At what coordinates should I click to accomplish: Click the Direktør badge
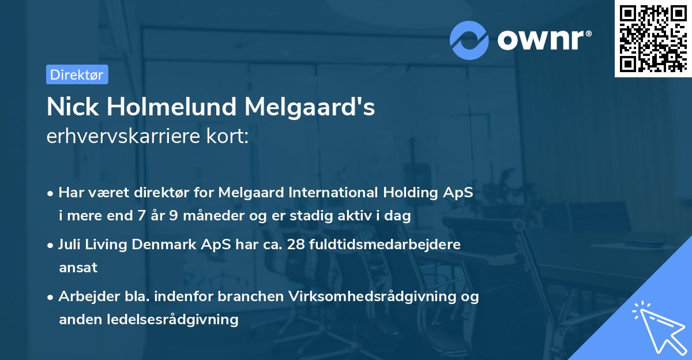pos(77,74)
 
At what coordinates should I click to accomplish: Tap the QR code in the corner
pos(653,39)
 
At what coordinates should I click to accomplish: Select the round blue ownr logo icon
pos(469,40)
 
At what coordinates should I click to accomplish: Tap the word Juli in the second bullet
pos(70,244)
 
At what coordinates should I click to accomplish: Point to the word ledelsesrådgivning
pos(177,319)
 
